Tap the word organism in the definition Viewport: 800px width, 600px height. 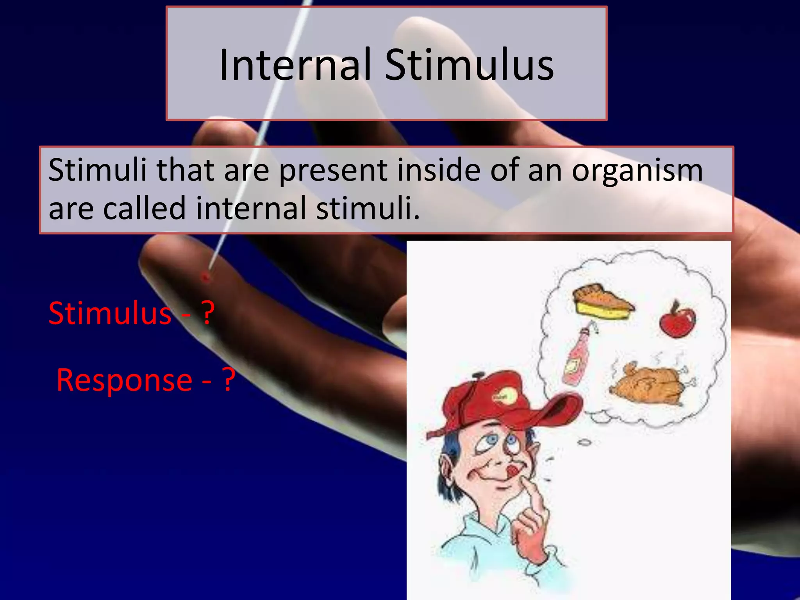(x=637, y=171)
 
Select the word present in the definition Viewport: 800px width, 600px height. (x=333, y=171)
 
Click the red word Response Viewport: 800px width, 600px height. (x=124, y=380)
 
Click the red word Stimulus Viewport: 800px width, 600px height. (x=110, y=313)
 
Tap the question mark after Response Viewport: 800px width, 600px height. (x=229, y=380)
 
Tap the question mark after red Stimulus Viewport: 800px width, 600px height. (x=208, y=313)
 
